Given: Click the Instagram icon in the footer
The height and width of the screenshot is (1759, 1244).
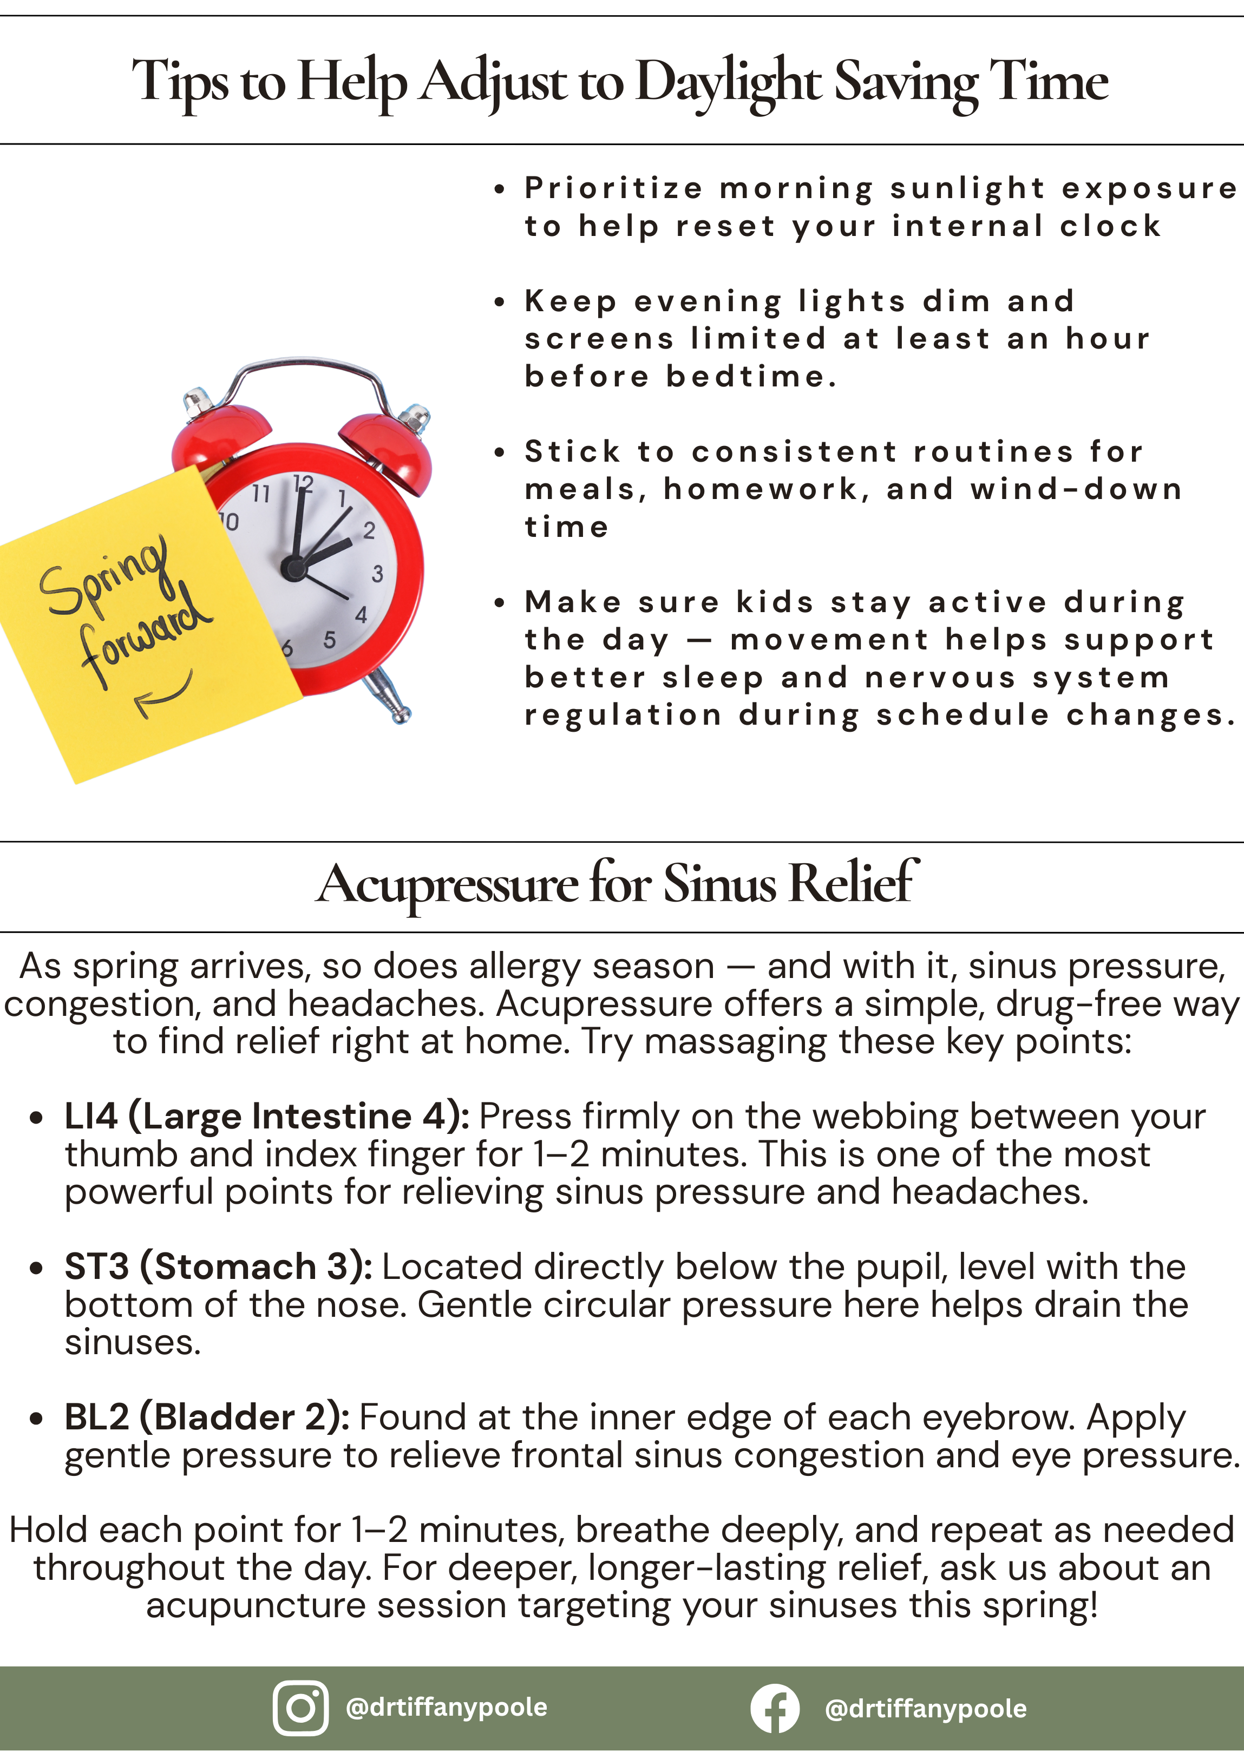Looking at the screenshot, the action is (300, 1708).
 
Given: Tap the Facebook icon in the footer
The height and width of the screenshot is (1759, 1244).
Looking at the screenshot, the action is (774, 1708).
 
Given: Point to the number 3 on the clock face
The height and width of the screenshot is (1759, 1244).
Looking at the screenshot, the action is (377, 574).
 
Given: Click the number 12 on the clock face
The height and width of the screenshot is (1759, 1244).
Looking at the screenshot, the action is (304, 483).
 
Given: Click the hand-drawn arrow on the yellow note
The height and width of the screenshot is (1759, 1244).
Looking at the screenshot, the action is (163, 693).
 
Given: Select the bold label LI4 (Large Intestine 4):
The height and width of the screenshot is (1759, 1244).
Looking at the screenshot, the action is (267, 1116).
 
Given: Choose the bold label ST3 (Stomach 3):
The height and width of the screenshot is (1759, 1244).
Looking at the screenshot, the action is (219, 1266).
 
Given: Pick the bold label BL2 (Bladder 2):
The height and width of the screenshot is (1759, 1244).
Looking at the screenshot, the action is (207, 1417).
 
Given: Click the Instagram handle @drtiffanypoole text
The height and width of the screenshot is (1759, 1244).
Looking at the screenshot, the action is (447, 1707).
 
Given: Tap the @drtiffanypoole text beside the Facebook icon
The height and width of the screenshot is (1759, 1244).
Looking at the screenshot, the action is (925, 1709).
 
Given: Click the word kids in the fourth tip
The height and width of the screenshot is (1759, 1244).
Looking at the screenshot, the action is (774, 602).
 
